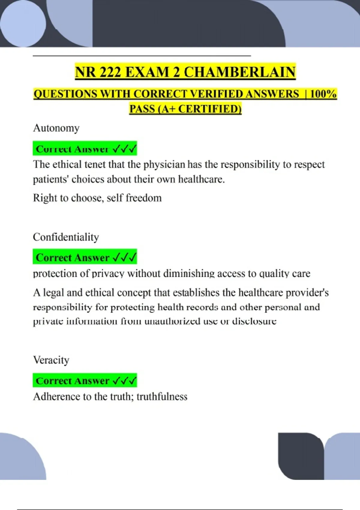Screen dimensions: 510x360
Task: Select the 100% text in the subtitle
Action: click(x=323, y=94)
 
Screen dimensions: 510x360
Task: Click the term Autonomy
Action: click(x=56, y=128)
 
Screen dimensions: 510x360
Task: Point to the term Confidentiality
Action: click(x=66, y=237)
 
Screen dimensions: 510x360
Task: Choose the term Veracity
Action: click(x=51, y=360)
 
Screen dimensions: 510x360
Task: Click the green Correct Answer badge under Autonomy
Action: click(x=85, y=148)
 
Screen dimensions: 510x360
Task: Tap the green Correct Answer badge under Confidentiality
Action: click(x=85, y=257)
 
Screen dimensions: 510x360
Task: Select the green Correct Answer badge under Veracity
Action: click(x=85, y=380)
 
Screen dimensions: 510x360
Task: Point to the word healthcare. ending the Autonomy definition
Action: click(x=201, y=179)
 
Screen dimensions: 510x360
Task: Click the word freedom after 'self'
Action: click(x=144, y=198)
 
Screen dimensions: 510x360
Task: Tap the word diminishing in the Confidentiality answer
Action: click(x=189, y=274)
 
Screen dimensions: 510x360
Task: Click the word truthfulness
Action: click(x=162, y=397)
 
